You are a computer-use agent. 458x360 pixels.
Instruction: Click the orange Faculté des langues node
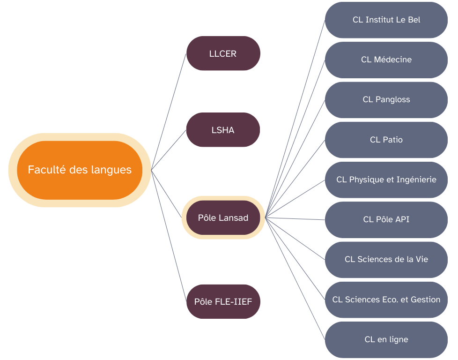(x=80, y=170)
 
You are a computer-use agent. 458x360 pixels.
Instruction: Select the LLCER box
(x=223, y=53)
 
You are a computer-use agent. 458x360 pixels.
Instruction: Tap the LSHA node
(x=223, y=130)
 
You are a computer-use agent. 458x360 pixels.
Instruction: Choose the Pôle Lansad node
(x=223, y=217)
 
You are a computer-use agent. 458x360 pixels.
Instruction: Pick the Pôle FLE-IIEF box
(x=223, y=301)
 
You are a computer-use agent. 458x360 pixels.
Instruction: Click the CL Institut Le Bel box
(x=386, y=20)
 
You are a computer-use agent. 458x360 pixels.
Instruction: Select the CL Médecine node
(x=386, y=60)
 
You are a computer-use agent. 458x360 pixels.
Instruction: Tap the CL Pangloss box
(x=386, y=99)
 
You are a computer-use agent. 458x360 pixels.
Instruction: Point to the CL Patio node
(x=386, y=140)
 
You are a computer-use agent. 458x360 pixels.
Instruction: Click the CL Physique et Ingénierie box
(x=386, y=180)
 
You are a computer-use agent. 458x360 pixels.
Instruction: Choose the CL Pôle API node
(x=386, y=219)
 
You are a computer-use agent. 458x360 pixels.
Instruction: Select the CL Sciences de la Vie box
(x=386, y=259)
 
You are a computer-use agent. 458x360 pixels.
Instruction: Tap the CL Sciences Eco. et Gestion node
(x=386, y=300)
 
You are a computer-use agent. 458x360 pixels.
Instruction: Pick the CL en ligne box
(x=386, y=339)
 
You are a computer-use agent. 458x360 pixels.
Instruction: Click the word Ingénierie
(x=416, y=180)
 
